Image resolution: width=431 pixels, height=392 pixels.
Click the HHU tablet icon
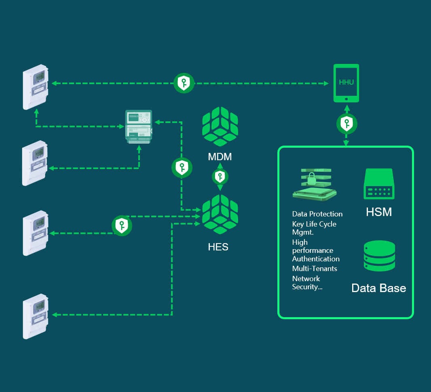(346, 83)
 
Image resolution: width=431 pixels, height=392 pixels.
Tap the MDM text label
(220, 157)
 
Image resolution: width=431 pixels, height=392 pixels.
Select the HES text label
(218, 247)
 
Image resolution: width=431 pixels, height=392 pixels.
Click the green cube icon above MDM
(220, 127)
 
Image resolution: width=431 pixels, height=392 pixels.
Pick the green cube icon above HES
(220, 214)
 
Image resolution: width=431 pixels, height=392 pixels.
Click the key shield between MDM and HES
(220, 177)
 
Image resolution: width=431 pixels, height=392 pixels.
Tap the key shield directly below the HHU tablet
(346, 124)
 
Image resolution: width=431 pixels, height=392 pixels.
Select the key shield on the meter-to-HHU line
(184, 83)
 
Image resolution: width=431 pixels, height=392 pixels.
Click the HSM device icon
(379, 184)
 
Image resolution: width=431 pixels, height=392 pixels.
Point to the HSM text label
(379, 212)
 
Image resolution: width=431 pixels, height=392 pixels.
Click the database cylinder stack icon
(379, 256)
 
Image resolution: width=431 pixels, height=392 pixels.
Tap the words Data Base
(378, 288)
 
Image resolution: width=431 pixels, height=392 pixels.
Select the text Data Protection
(317, 214)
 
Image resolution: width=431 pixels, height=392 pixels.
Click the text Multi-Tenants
(315, 269)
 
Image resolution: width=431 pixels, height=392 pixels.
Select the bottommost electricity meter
(36, 316)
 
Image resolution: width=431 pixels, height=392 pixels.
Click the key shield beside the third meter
(122, 226)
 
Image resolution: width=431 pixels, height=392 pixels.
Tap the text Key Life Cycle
(314, 224)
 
